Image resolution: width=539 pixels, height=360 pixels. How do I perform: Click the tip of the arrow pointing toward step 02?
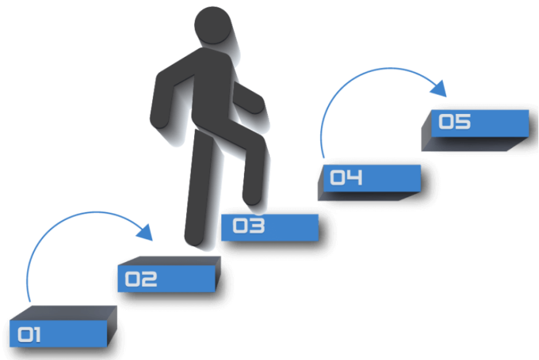pyautogui.click(x=152, y=240)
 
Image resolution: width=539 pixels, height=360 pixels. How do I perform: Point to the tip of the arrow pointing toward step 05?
pyautogui.click(x=446, y=97)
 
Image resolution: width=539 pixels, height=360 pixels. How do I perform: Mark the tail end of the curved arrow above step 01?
pyautogui.click(x=30, y=301)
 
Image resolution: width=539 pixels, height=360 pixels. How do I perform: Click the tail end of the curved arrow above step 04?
pyautogui.click(x=323, y=158)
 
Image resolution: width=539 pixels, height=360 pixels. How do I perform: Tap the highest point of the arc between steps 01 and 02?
pyautogui.click(x=95, y=212)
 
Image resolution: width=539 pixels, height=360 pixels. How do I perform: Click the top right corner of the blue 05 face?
pyautogui.click(x=529, y=110)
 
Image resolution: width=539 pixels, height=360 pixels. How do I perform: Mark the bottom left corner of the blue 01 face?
pyautogui.click(x=10, y=346)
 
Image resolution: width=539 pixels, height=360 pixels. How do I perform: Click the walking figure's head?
pyautogui.click(x=213, y=25)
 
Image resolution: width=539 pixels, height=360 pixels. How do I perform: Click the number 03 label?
pyautogui.click(x=248, y=226)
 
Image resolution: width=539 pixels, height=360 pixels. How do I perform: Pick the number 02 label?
pyautogui.click(x=141, y=279)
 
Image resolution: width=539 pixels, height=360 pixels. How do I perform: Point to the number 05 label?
pyautogui.click(x=455, y=121)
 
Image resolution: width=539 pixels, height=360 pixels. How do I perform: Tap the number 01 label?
pyautogui.click(x=29, y=334)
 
